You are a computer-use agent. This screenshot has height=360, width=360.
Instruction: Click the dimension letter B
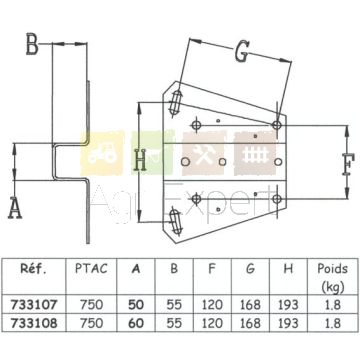(32, 44)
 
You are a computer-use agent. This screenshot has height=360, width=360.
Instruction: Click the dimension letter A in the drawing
(15, 208)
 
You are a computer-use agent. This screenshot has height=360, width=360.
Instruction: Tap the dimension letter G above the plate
(242, 53)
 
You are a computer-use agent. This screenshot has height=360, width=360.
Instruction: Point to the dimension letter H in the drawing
(139, 160)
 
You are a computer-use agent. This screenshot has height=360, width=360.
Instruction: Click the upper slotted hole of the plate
(175, 103)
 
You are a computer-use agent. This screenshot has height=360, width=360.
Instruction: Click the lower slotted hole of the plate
(176, 220)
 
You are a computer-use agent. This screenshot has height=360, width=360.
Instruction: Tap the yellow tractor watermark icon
(103, 153)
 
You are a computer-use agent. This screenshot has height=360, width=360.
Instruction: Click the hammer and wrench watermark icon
(204, 153)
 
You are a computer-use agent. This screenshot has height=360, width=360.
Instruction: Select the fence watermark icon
(255, 154)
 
